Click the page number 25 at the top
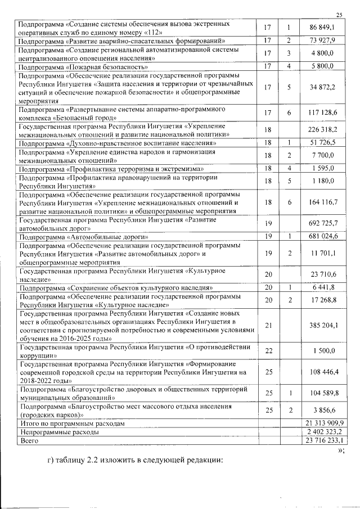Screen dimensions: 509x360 [339, 15]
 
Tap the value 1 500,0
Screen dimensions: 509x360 [322, 351]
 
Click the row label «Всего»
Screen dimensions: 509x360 [29, 440]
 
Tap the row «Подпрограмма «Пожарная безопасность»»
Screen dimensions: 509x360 [87, 66]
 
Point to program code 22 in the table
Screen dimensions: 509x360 [268, 351]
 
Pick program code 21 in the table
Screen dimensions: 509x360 [268, 325]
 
